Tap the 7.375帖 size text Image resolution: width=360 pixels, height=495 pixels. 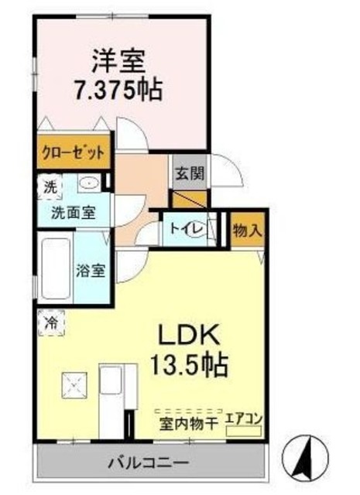point(122,90)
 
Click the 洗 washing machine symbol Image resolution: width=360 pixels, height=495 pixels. point(50,186)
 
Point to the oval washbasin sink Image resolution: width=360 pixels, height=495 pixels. point(88,184)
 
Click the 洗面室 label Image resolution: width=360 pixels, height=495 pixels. point(74,212)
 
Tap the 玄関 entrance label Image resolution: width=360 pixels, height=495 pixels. point(189,173)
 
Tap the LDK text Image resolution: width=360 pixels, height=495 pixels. point(190,335)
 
